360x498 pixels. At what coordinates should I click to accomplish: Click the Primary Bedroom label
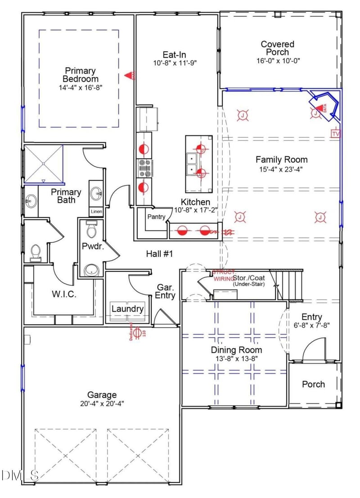(81, 75)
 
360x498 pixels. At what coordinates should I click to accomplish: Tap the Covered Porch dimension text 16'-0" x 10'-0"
(278, 60)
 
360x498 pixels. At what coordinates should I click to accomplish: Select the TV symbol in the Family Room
(335, 133)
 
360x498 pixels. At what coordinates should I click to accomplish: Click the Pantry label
(156, 217)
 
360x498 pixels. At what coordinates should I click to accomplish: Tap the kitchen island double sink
(192, 164)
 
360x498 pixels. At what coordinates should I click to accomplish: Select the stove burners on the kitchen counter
(145, 168)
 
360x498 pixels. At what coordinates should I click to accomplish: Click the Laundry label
(127, 309)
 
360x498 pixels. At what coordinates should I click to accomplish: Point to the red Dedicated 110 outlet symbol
(138, 332)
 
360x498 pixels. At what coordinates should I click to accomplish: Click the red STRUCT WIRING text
(224, 275)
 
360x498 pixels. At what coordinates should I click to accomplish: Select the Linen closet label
(96, 212)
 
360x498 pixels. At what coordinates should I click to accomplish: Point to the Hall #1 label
(160, 254)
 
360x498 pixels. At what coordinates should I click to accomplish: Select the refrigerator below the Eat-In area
(148, 118)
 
